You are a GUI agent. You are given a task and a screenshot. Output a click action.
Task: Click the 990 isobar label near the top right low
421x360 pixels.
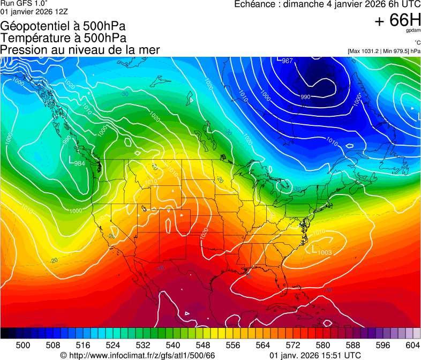305,96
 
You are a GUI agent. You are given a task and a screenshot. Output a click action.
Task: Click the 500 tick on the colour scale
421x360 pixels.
23,345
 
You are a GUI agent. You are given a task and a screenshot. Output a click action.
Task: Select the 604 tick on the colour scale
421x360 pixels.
412,345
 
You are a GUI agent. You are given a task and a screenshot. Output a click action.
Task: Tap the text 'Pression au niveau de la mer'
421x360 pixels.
80,50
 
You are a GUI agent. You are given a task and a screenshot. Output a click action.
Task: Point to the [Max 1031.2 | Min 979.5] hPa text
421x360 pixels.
384,51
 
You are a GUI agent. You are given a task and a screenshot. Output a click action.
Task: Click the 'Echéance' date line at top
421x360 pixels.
327,4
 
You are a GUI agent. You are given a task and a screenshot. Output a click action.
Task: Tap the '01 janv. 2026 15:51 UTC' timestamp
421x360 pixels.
314,355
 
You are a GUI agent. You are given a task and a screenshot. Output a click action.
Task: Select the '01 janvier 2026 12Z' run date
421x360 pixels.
34,11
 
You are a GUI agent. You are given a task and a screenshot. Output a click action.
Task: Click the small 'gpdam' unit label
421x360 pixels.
413,31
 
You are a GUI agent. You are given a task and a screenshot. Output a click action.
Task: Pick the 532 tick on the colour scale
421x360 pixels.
143,345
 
